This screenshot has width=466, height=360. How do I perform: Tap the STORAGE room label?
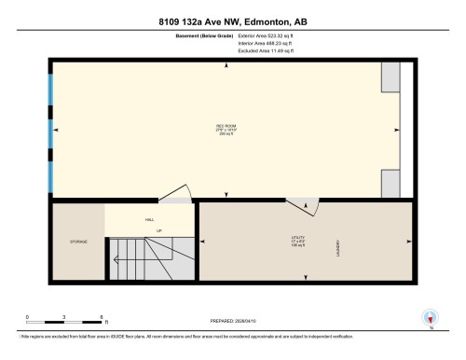pyautogui.click(x=78, y=242)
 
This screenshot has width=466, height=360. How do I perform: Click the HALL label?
pyautogui.click(x=149, y=220)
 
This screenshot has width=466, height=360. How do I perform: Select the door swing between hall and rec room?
pyautogui.click(x=176, y=193)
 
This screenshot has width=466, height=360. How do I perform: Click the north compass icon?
pyautogui.click(x=431, y=316)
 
